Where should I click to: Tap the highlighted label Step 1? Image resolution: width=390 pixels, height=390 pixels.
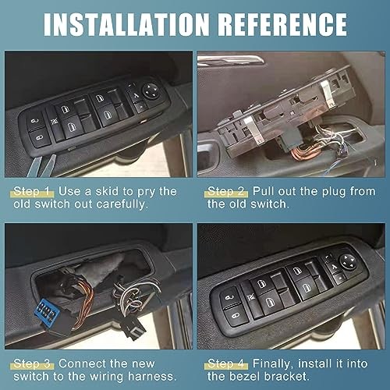coord(34,190)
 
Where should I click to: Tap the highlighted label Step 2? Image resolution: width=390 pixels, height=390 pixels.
coord(226,190)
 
